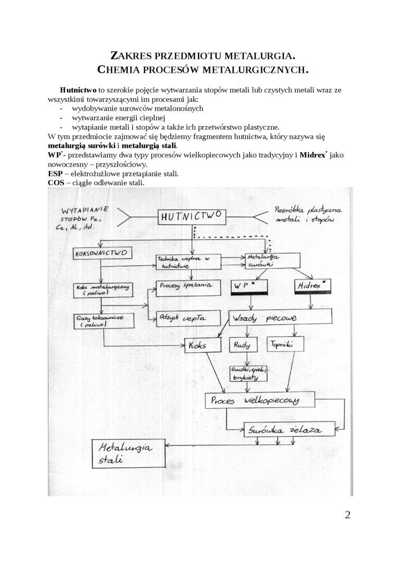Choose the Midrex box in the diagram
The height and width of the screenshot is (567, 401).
coord(311,286)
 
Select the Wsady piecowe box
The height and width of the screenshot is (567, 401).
coord(280,318)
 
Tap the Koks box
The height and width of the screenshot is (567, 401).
coord(202,345)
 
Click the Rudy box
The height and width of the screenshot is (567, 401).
coord(242,345)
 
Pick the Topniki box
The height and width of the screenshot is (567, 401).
coord(285,345)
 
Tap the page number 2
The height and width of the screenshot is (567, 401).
coord(347,515)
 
